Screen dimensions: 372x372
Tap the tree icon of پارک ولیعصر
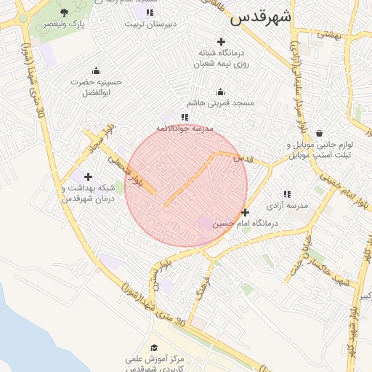point(64,12)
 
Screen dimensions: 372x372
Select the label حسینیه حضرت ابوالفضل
point(97,87)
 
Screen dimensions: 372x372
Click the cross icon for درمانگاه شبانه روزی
point(221,42)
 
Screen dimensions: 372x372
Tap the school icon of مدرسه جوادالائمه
point(185,116)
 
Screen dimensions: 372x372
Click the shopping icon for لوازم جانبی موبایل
point(320,133)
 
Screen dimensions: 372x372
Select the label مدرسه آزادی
point(287,206)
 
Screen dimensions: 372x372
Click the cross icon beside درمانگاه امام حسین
point(245,213)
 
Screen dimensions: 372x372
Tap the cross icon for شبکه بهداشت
point(89,177)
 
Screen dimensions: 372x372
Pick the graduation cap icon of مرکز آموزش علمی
point(153,348)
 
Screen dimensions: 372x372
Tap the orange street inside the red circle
point(190,179)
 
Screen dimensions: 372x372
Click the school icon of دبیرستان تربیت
point(150,12)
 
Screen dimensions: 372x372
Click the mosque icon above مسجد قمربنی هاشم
point(221,92)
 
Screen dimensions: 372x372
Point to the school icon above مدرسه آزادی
point(287,195)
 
